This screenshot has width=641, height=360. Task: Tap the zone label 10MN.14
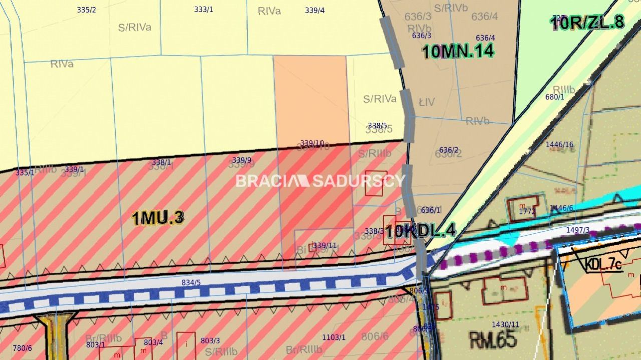[458, 51]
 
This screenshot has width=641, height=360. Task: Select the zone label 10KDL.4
[421, 230]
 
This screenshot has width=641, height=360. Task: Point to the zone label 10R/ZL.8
[587, 22]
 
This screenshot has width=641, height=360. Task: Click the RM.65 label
[493, 340]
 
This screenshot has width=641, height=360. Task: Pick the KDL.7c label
[603, 264]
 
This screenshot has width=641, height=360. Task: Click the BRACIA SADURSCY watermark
[320, 181]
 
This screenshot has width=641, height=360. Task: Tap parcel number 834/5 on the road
[191, 283]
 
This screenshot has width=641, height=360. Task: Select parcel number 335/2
[86, 10]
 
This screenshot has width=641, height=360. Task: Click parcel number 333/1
[203, 9]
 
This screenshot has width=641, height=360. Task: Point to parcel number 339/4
[314, 10]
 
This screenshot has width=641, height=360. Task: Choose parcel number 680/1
[555, 97]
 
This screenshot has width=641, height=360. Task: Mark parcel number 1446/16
[560, 144]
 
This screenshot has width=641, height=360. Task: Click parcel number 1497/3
[578, 230]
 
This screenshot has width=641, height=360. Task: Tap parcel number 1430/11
[505, 324]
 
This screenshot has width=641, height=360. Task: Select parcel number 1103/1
[333, 337]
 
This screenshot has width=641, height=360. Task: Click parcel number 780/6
[22, 348]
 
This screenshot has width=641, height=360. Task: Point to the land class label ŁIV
[427, 102]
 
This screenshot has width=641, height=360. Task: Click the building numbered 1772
[527, 211]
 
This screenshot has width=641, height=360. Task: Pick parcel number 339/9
[242, 160]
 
